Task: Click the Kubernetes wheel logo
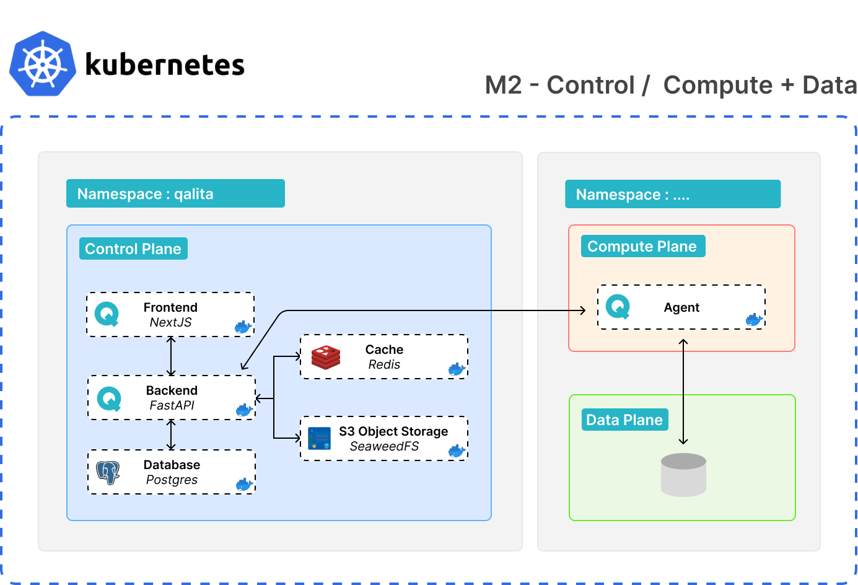pos(43,64)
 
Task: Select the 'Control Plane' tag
pos(133,249)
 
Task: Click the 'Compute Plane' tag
pos(642,246)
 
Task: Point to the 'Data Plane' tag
pos(624,420)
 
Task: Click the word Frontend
pos(170,307)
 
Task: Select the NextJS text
pos(170,322)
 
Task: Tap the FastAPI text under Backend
pos(172,405)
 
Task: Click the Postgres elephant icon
pos(108,472)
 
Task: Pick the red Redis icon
pos(326,358)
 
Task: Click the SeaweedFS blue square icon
pos(319,439)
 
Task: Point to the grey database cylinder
pos(683,475)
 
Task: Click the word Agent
pos(681,307)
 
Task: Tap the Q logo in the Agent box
pos(618,307)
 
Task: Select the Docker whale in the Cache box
pos(457,369)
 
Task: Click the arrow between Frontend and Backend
pos(172,356)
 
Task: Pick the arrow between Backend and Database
pos(172,434)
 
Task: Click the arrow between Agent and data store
pos(683,392)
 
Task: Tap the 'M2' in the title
pos(504,85)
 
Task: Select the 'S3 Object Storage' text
pos(393,431)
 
